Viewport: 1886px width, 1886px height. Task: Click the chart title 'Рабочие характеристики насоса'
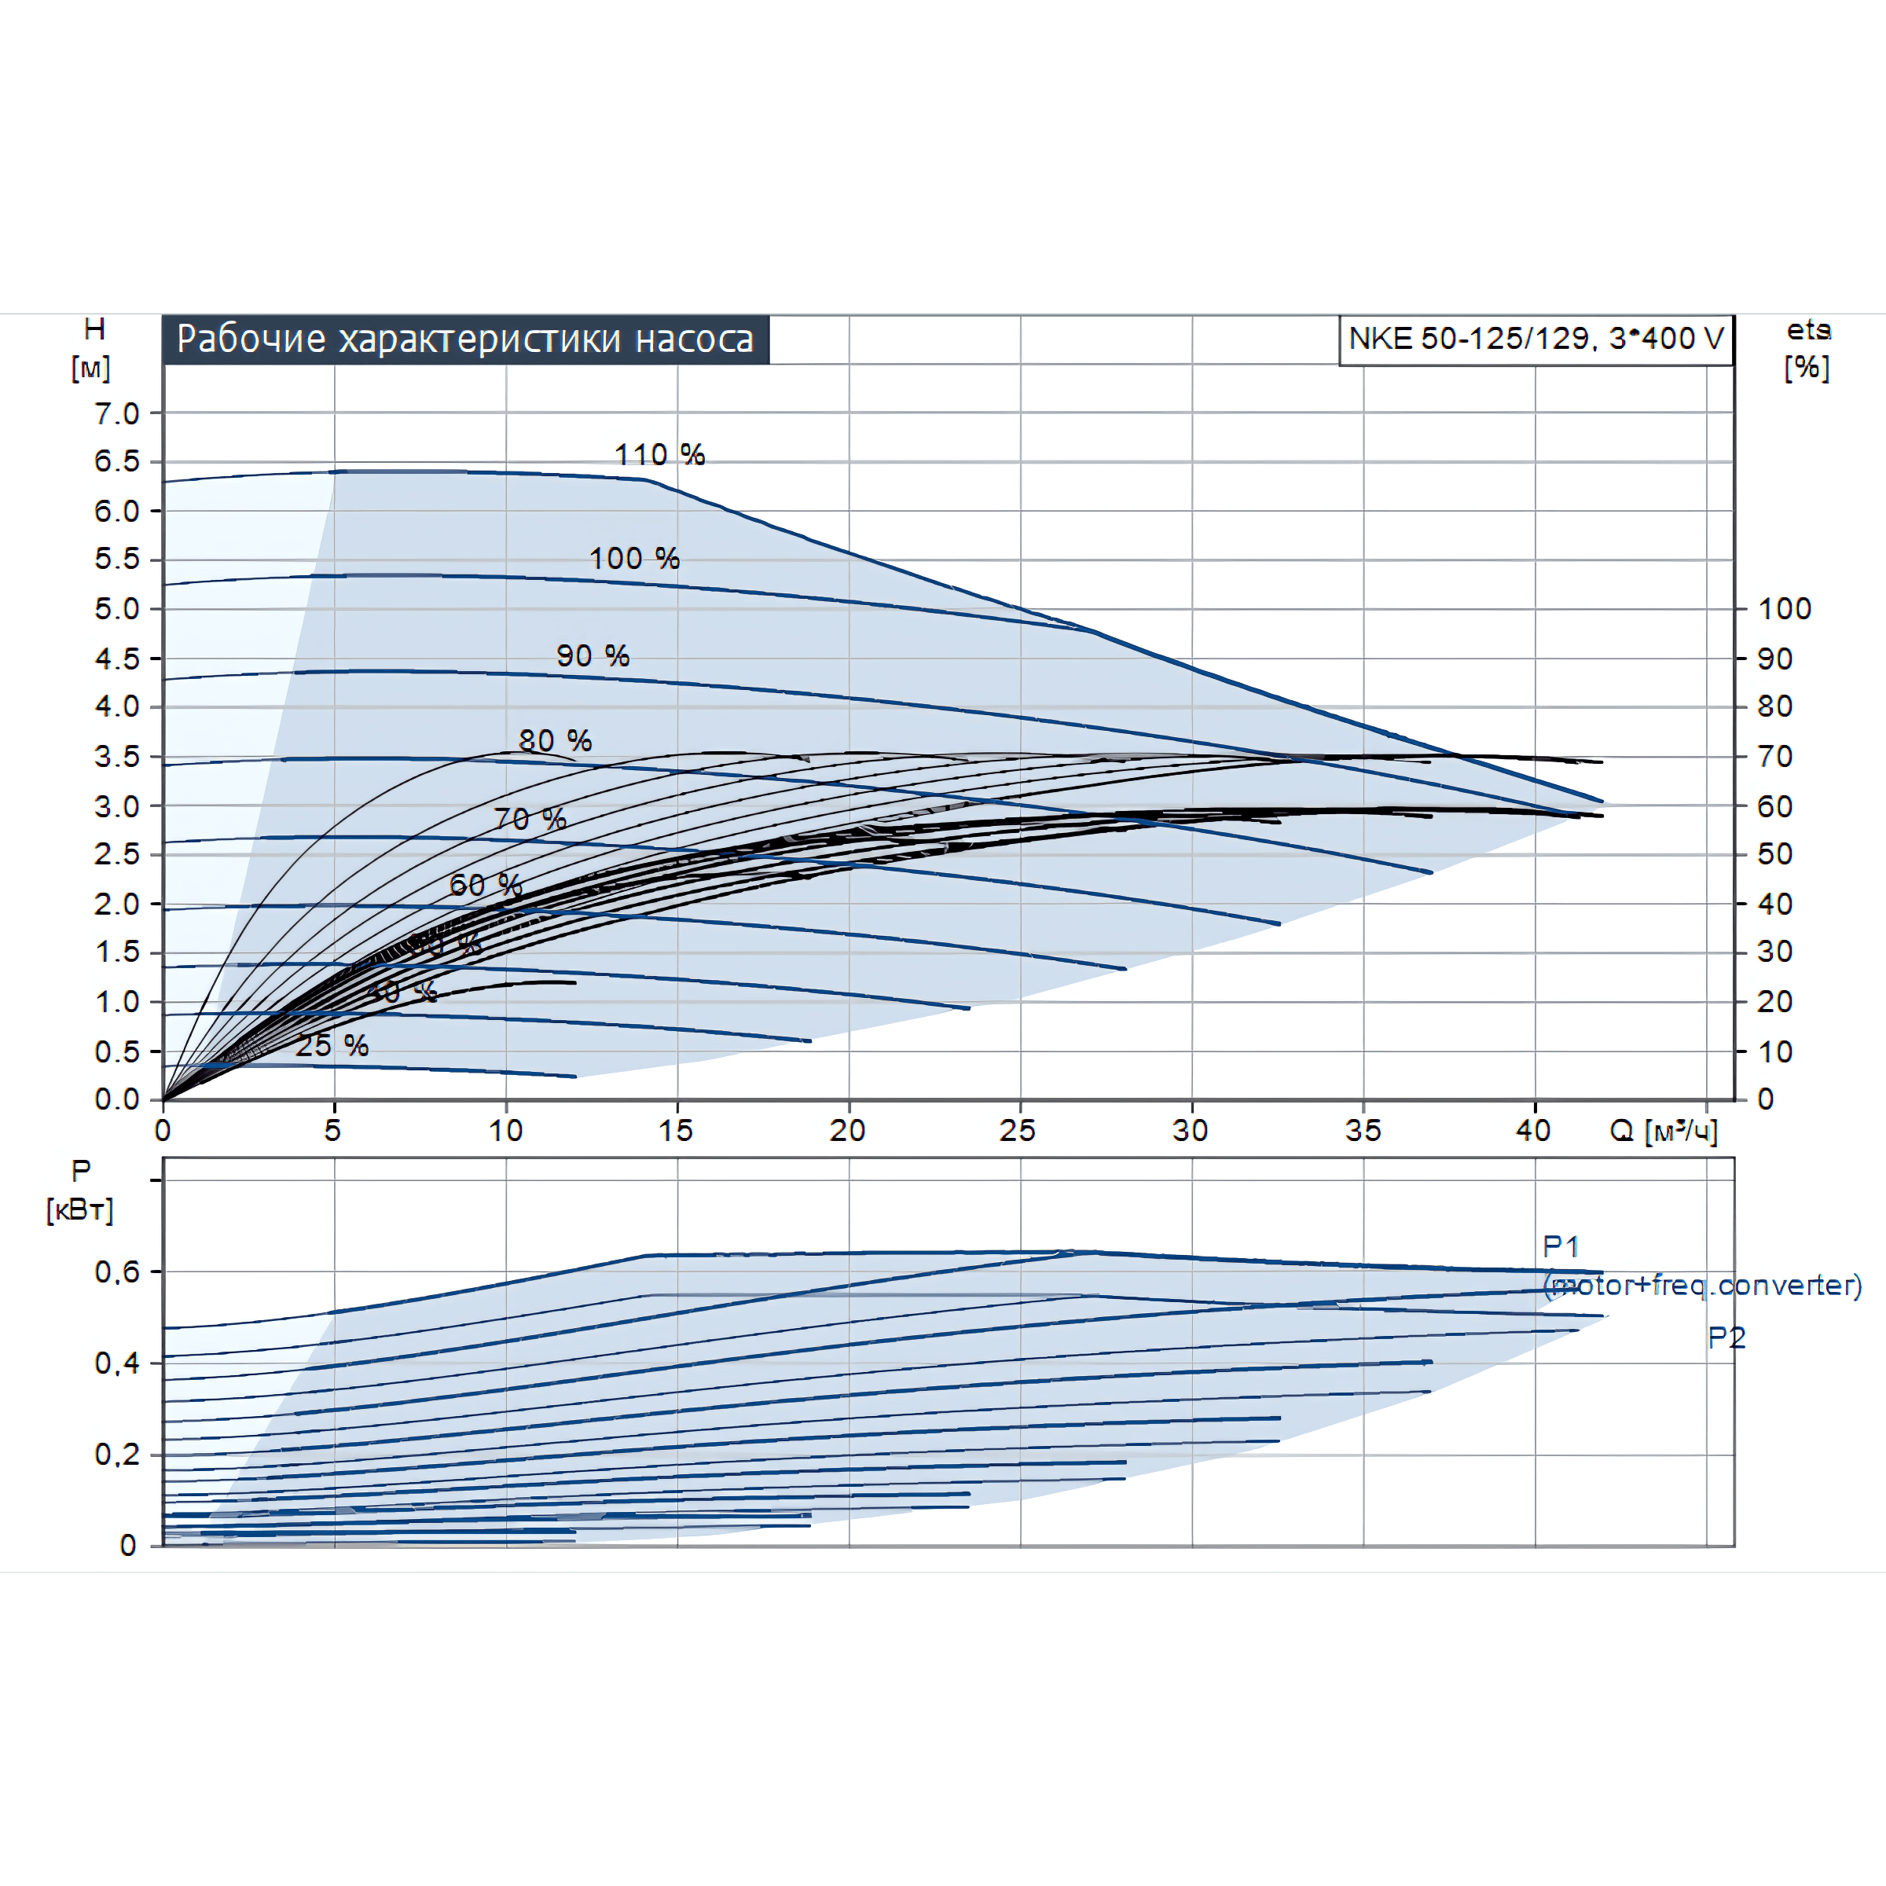click(x=464, y=339)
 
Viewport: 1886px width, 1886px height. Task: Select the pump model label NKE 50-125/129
click(x=1535, y=339)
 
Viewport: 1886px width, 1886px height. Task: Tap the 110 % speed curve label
click(x=659, y=454)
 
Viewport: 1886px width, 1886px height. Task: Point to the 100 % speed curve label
click(x=633, y=559)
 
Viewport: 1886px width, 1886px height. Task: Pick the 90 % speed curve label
click(x=593, y=656)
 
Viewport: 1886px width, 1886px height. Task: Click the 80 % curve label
click(x=555, y=740)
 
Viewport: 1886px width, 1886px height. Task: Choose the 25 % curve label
click(x=332, y=1045)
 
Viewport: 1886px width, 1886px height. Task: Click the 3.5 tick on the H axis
click(x=117, y=757)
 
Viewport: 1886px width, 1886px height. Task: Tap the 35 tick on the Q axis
click(x=1363, y=1131)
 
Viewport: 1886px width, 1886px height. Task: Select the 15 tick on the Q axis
click(x=676, y=1131)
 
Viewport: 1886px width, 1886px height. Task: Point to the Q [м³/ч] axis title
click(x=1663, y=1131)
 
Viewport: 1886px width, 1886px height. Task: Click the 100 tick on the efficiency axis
click(x=1785, y=609)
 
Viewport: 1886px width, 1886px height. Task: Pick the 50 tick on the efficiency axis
click(x=1774, y=854)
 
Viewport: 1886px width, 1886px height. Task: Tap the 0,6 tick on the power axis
click(x=117, y=1271)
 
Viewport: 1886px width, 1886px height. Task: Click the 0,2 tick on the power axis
click(x=117, y=1455)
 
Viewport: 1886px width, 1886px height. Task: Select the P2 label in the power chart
click(x=1726, y=1337)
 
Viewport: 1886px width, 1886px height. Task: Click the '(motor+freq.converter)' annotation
click(x=1702, y=1285)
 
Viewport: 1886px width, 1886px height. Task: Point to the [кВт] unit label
click(x=80, y=1209)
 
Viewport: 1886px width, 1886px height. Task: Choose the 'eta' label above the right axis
click(x=1808, y=330)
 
